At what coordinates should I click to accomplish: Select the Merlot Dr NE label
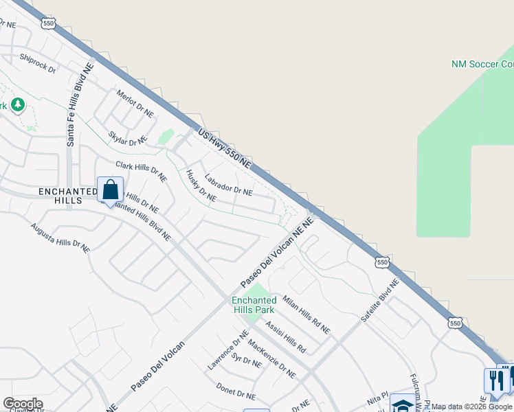(135, 104)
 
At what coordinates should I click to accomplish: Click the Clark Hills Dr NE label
(141, 171)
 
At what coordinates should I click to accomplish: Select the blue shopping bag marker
(110, 190)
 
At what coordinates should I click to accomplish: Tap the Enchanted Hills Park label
(254, 305)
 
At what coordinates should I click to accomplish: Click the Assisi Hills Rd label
(285, 337)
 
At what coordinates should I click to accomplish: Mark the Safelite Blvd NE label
(379, 301)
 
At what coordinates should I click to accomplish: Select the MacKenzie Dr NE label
(271, 359)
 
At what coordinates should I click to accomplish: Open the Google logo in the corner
(23, 404)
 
